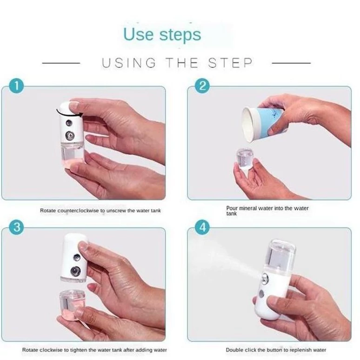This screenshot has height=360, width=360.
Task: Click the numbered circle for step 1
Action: [x=17, y=86]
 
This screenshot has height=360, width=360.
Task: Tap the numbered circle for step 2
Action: [x=202, y=86]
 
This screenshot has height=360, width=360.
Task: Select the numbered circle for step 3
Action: [x=17, y=227]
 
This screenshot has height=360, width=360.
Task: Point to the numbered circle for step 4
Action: [x=202, y=227]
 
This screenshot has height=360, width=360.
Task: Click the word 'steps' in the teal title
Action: [x=180, y=35]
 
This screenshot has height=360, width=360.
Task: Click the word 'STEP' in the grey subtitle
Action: [x=230, y=63]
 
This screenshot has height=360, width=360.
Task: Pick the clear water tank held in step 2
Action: [x=245, y=159]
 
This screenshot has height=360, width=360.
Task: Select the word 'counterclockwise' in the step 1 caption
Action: [x=78, y=211]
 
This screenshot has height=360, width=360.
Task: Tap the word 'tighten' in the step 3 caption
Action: [x=79, y=350]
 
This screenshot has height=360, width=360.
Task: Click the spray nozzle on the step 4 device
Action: [x=266, y=277]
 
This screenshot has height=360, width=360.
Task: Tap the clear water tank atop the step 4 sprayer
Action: [x=280, y=253]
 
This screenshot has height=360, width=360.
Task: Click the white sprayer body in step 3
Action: [x=74, y=258]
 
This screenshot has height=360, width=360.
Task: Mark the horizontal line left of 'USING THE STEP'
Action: [x=61, y=63]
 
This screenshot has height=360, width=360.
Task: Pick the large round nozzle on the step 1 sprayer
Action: [x=69, y=135]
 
